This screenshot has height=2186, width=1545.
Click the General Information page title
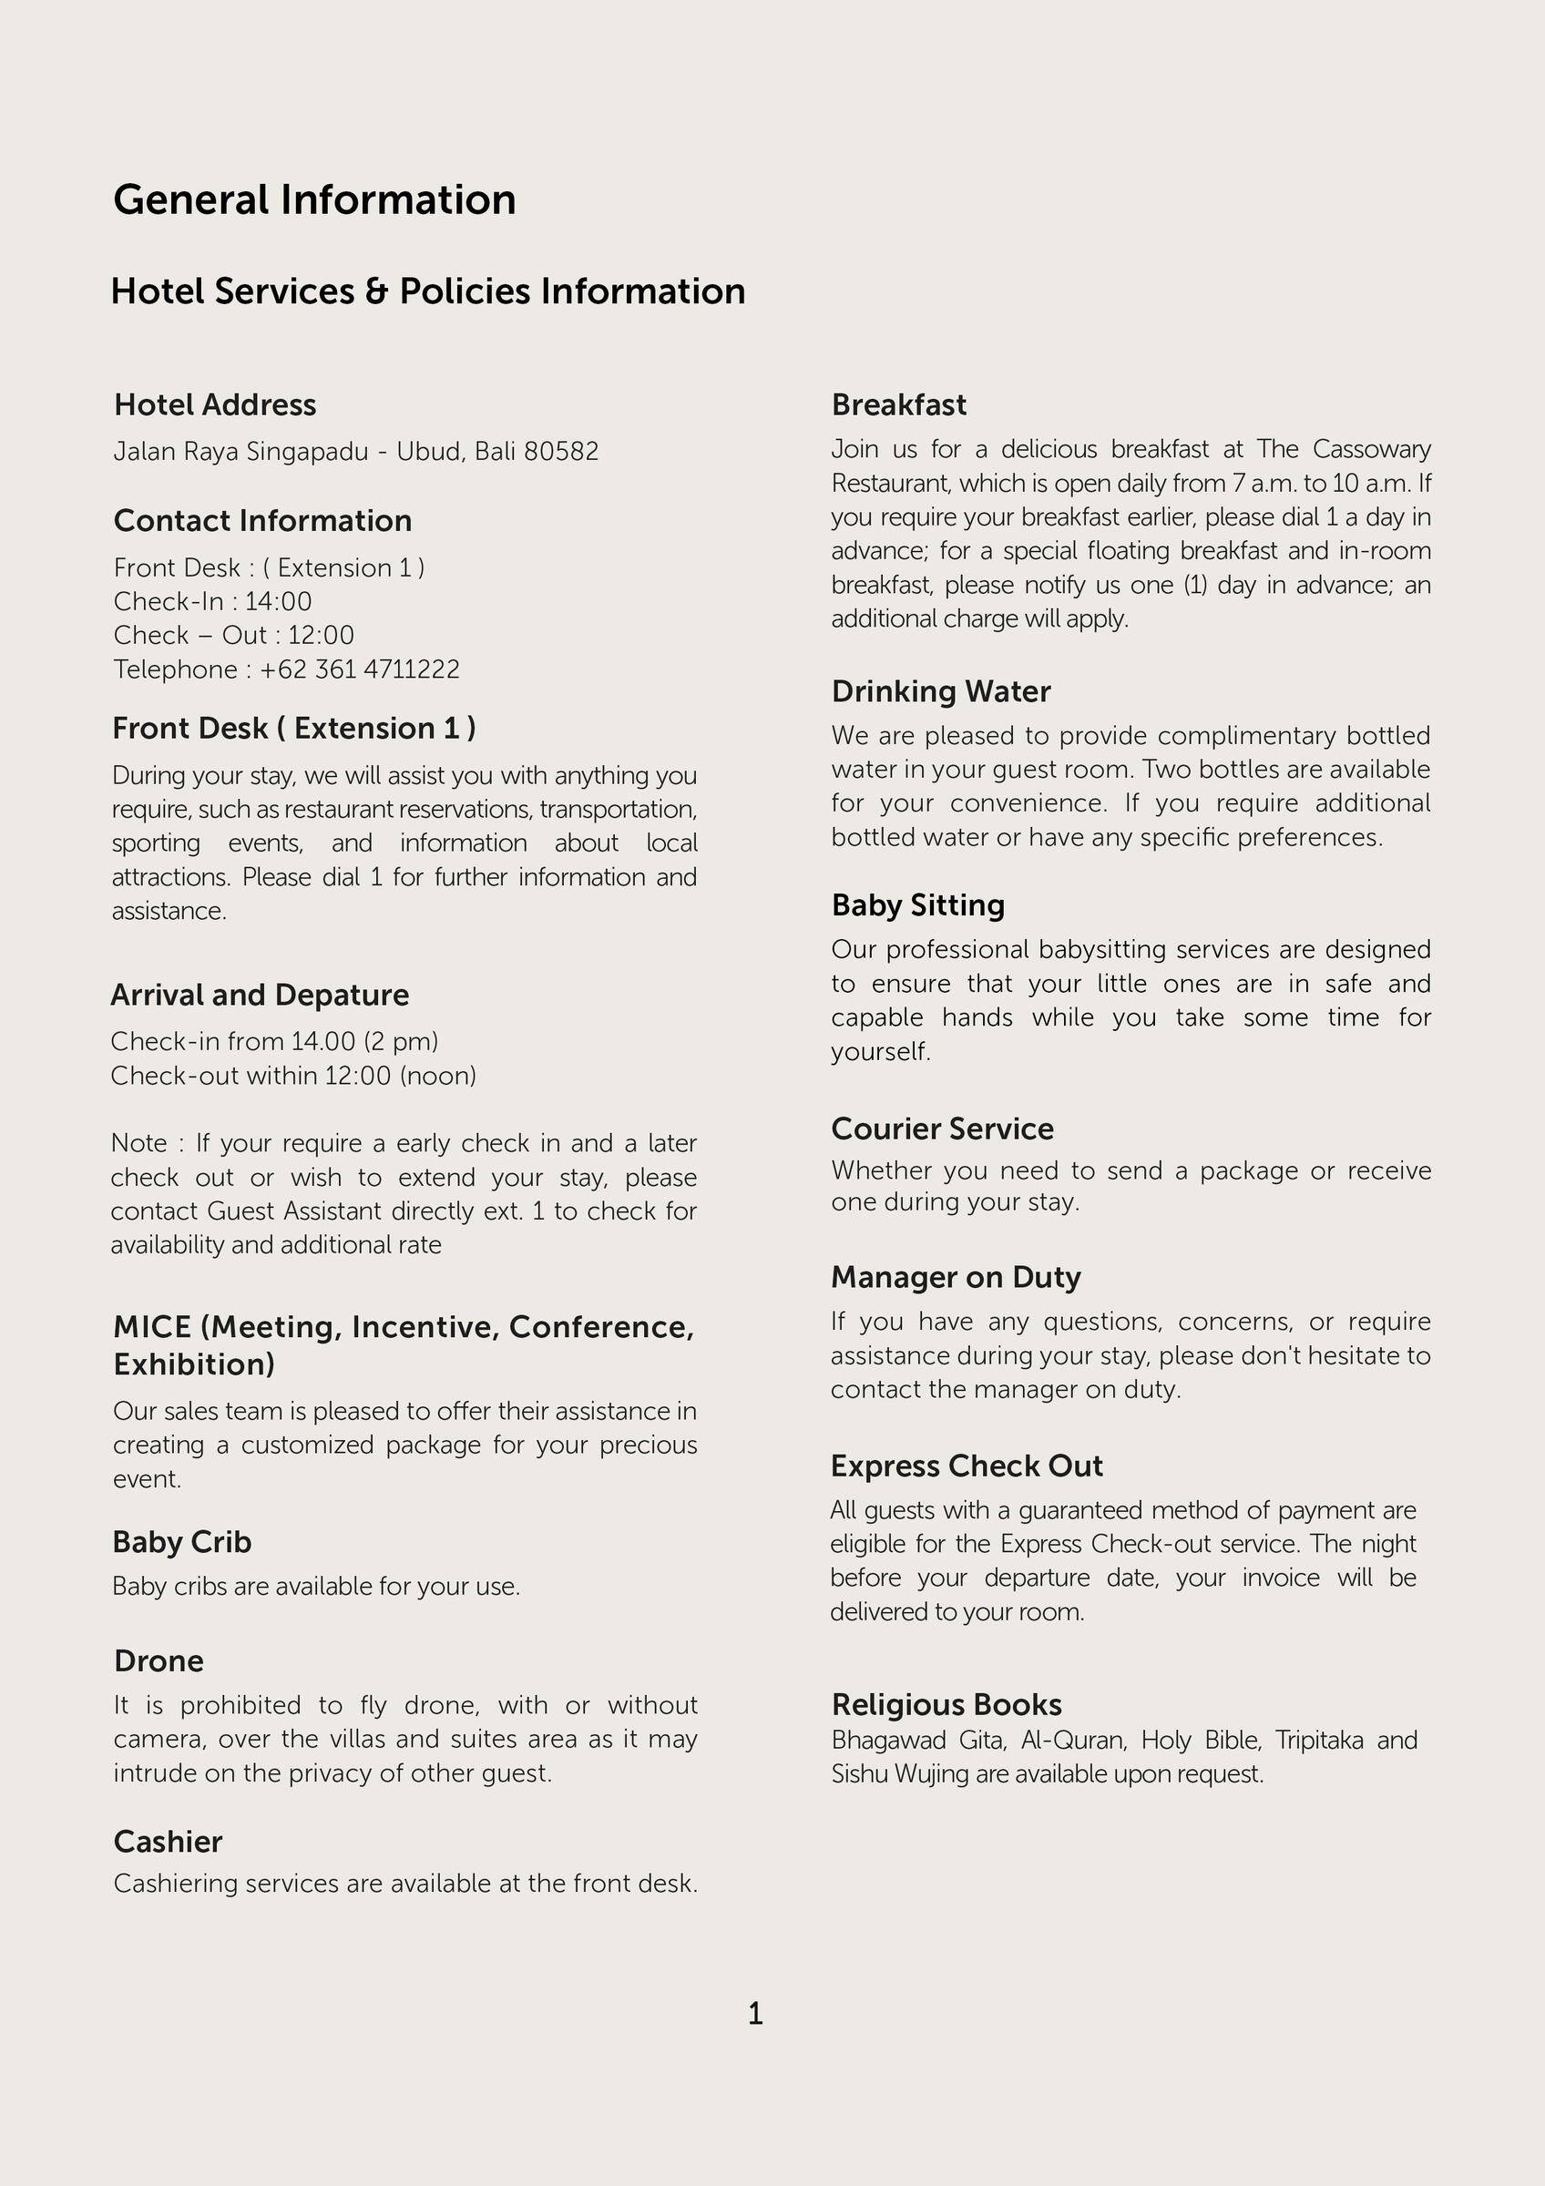point(314,200)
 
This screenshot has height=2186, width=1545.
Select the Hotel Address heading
point(215,404)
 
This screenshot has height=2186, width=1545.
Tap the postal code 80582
point(562,451)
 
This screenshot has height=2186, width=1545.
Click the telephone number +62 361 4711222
point(360,669)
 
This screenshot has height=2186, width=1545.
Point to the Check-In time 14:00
point(278,602)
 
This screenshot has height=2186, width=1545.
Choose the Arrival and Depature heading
point(260,995)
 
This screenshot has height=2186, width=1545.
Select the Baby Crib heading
point(182,1541)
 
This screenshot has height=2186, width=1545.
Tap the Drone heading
point(159,1660)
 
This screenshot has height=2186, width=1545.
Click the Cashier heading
point(168,1842)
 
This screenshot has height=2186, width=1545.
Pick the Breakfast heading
point(898,404)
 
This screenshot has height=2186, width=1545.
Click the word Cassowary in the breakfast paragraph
point(1372,449)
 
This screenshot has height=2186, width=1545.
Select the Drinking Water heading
point(940,691)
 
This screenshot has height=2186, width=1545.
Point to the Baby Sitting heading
point(917,904)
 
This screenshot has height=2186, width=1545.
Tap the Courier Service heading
point(943,1129)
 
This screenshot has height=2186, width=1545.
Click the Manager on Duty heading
point(956,1277)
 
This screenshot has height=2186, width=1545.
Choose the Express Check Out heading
point(967,1466)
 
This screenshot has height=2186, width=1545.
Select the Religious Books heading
point(946,1704)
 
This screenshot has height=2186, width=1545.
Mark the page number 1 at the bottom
point(756,2014)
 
